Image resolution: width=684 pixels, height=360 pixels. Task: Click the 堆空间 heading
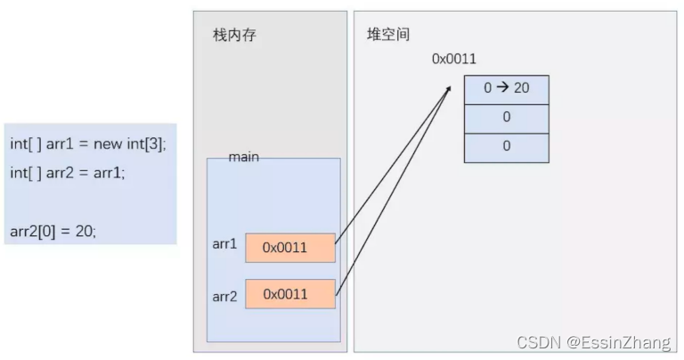[388, 35]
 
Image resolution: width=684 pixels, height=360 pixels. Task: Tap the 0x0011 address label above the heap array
[454, 59]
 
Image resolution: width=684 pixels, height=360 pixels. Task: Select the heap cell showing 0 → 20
[506, 90]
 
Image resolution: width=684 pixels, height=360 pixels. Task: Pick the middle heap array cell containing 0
[506, 118]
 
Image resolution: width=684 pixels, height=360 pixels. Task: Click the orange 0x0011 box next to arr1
[290, 248]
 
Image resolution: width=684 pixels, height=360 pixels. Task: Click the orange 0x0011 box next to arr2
[290, 294]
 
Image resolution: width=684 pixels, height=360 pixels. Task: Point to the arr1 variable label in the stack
[224, 243]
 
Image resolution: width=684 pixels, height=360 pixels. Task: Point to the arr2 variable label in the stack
[224, 296]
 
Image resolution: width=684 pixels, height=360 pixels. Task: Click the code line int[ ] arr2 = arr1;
[68, 172]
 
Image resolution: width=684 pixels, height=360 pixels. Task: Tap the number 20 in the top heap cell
[521, 90]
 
